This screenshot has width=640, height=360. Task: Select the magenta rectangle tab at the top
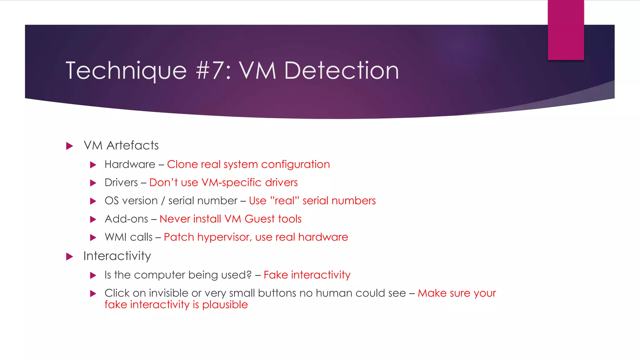point(566,30)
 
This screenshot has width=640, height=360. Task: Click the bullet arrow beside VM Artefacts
point(70,146)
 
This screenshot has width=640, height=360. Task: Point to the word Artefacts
point(132,146)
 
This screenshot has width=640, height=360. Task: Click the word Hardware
point(130,164)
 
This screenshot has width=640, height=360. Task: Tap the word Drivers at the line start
point(121,182)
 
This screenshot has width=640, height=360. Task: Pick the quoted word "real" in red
point(284,201)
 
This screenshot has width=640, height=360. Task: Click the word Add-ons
point(126,219)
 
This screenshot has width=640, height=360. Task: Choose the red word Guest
point(258,219)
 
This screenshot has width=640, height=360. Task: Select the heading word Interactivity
point(117,256)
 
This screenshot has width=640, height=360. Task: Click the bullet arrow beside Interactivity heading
point(70,257)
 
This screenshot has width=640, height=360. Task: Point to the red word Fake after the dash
point(276,275)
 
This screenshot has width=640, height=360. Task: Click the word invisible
point(169,293)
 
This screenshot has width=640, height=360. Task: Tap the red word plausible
point(225,305)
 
